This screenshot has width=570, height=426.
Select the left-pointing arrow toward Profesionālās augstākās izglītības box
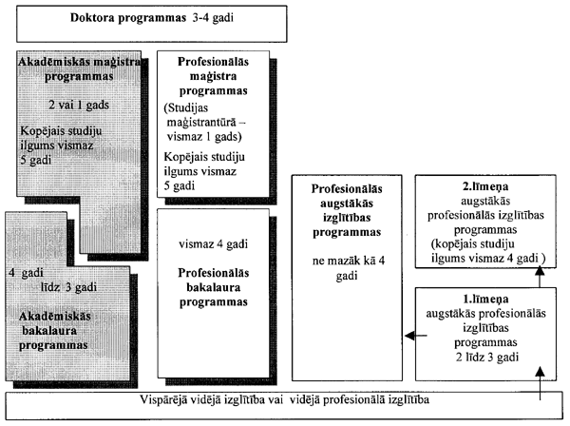click(x=408, y=334)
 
